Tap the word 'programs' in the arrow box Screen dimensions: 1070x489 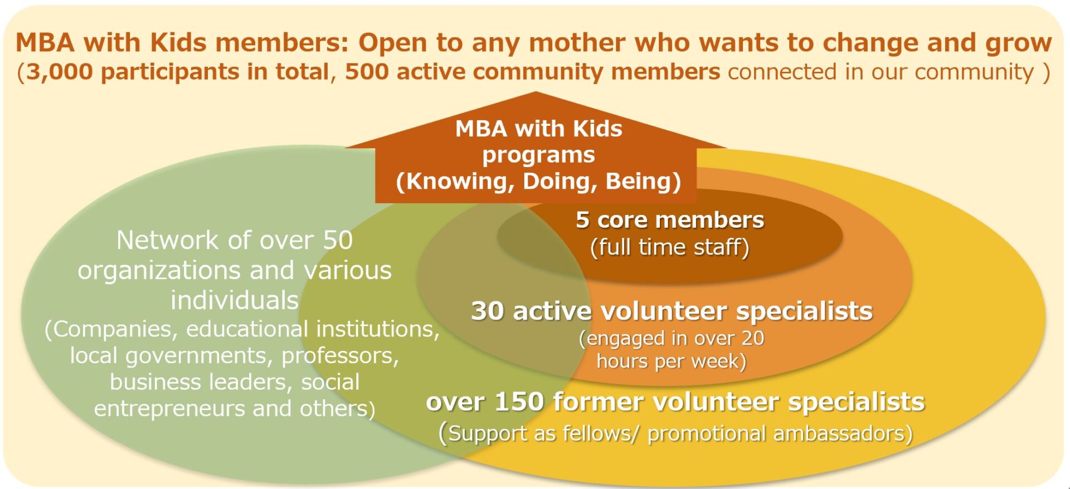538,155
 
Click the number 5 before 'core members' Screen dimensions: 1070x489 582,220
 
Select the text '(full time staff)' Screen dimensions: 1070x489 669,247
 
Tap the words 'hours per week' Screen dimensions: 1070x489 668,361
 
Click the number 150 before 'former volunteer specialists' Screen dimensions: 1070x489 519,402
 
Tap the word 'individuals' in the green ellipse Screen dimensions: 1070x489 235,300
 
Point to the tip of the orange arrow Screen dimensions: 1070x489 536,92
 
